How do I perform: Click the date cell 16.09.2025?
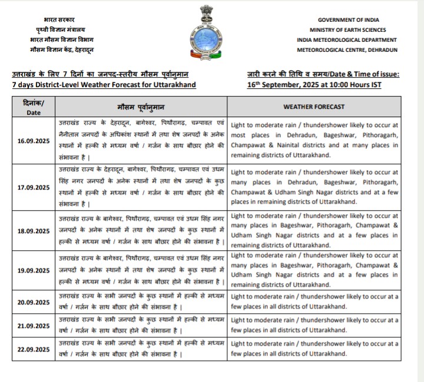pos(34,141)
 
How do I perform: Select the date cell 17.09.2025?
pos(34,187)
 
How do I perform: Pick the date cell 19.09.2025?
pos(34,270)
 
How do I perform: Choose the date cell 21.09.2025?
pos(34,325)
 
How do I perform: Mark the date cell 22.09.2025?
pos(34,349)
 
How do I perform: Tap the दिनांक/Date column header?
pos(34,107)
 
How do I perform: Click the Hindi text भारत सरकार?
pos(59,20)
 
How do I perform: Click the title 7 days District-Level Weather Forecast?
pos(103,85)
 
